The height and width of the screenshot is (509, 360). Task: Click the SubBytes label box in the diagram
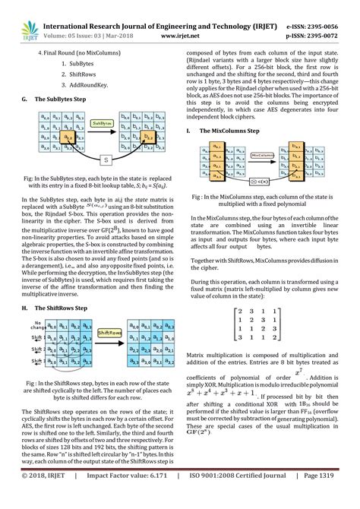click(103, 122)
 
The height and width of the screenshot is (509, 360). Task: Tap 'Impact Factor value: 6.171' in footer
click(122, 498)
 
